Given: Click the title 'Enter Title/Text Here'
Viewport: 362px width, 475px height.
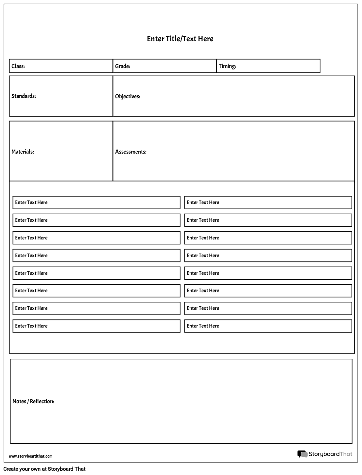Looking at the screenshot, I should [x=180, y=39].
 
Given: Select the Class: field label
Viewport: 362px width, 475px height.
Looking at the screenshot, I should [x=18, y=66].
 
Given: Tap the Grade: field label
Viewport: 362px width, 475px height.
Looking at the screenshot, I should [x=123, y=66].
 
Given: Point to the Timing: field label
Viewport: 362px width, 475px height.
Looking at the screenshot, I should [x=227, y=66].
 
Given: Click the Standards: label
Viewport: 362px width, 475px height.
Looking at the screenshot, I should [x=24, y=96].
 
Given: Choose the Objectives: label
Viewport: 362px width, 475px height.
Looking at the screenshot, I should [x=128, y=96].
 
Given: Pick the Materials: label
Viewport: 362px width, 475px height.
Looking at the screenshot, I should [x=23, y=152].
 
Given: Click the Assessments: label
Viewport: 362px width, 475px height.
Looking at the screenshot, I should [x=130, y=152].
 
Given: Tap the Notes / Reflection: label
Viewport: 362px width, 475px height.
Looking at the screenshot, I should [x=33, y=401].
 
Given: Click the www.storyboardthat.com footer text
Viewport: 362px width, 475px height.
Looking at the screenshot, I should [x=30, y=456].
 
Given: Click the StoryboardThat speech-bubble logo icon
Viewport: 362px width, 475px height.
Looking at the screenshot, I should [x=302, y=454].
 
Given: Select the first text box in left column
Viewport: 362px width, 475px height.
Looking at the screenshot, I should [x=96, y=202].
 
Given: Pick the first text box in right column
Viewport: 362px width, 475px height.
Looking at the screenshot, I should [x=268, y=202].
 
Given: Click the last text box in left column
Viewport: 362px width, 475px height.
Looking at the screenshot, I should [x=96, y=326].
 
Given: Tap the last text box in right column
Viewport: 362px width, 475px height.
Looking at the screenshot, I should [x=268, y=326].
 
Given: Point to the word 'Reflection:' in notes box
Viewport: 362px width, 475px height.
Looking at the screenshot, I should [x=42, y=401].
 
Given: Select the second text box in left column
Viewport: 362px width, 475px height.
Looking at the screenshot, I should [x=96, y=220].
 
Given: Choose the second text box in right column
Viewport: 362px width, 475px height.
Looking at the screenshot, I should [x=268, y=220].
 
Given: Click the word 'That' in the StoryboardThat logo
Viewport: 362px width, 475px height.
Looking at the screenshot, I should [x=346, y=454].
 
